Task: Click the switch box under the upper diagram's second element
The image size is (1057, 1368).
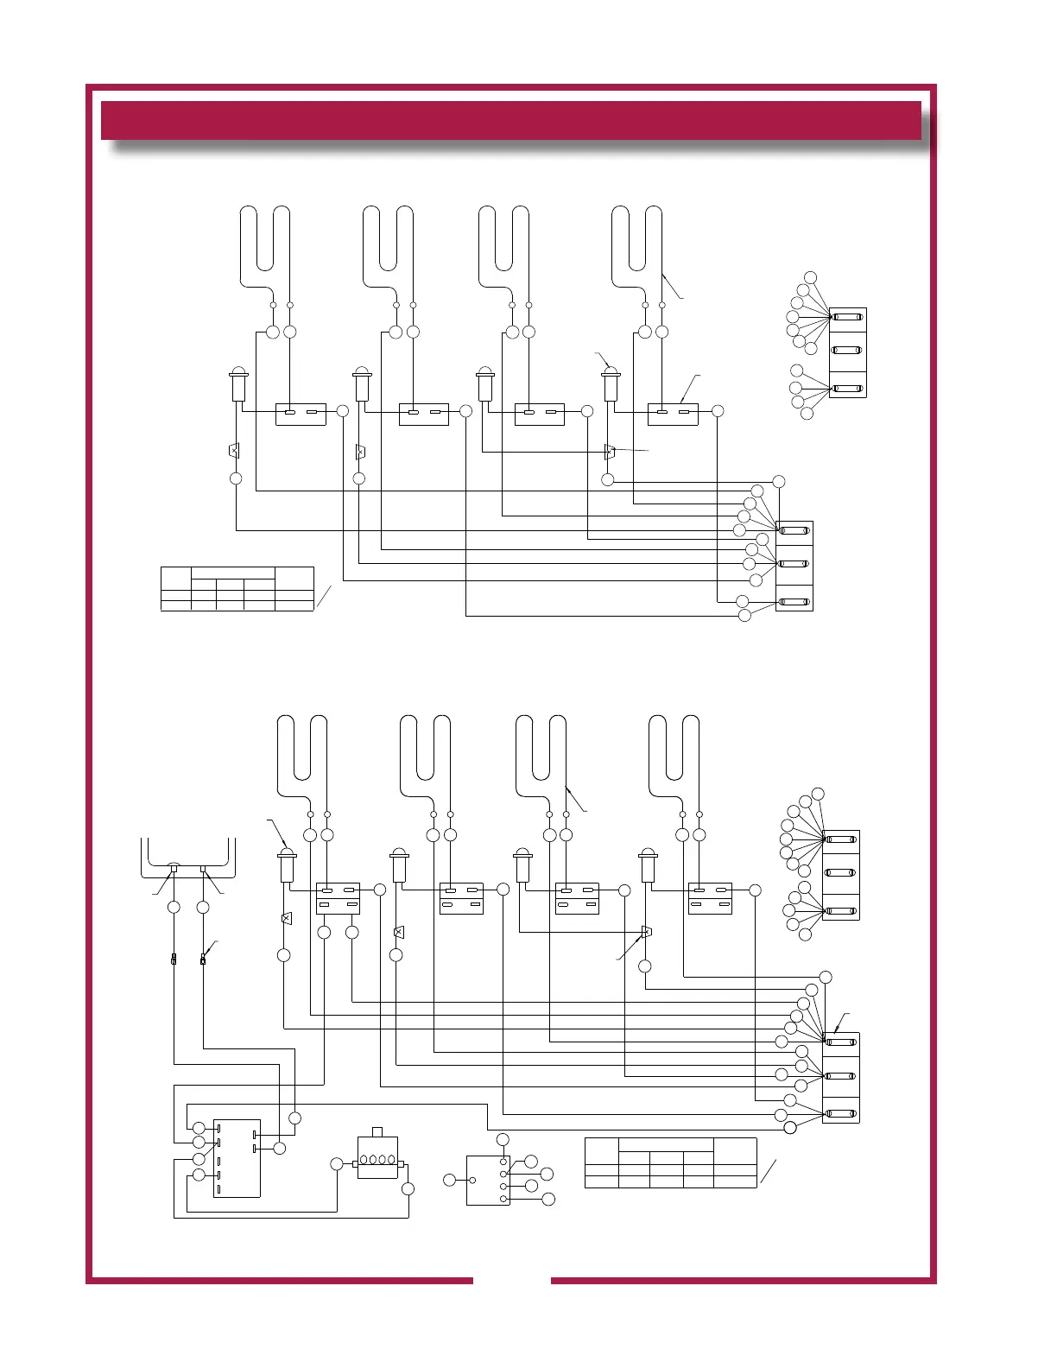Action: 423,415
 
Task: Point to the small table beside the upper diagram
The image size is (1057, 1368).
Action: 237,588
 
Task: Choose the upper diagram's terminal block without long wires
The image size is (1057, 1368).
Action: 847,352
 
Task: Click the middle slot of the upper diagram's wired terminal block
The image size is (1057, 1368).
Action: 794,564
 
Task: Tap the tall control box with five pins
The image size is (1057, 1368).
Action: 237,1158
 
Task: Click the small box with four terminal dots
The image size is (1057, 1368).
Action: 488,1180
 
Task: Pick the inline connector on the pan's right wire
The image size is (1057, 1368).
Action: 203,959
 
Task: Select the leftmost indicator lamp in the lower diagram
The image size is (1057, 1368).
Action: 288,864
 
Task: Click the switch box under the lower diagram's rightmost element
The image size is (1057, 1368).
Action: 710,898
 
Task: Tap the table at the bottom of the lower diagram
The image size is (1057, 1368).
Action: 670,1162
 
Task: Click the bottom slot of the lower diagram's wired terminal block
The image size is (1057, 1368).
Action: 841,1111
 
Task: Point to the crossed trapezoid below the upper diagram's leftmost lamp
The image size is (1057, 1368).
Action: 233,451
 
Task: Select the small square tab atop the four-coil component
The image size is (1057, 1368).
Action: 377,1132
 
